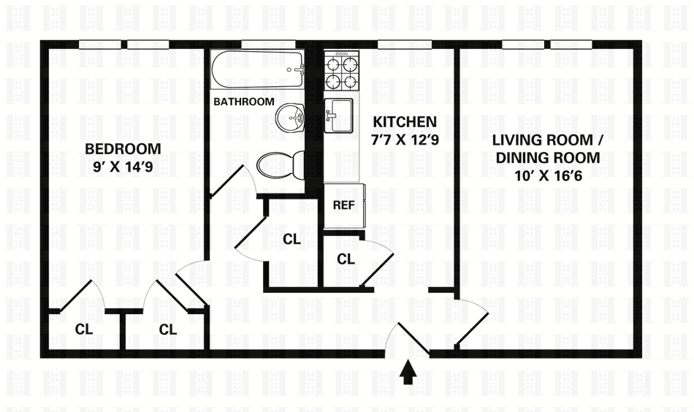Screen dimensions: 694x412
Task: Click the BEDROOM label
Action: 123,150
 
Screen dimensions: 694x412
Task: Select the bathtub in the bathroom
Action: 257,70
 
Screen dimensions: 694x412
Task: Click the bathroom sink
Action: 290,116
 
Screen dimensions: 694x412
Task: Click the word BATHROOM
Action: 244,102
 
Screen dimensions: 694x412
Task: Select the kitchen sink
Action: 338,115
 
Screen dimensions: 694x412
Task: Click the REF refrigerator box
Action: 343,205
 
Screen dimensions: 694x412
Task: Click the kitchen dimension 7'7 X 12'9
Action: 404,139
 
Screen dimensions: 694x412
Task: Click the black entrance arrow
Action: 408,373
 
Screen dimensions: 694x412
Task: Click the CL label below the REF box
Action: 346,259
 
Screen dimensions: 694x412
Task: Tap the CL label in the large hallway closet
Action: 291,239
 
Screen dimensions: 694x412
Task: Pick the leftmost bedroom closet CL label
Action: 84,329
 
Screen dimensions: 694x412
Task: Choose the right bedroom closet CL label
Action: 168,329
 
